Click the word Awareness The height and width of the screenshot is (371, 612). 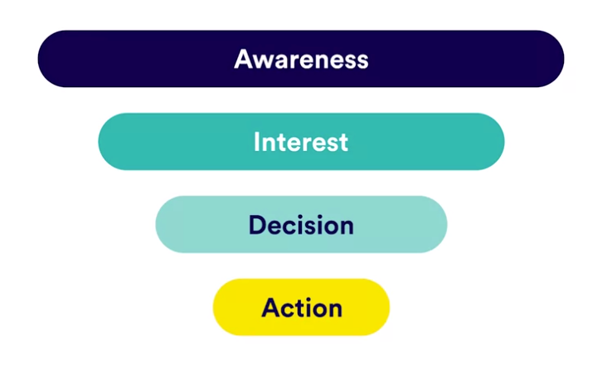pyautogui.click(x=301, y=60)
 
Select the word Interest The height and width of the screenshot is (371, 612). pyautogui.click(x=301, y=142)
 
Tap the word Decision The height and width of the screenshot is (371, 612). pyautogui.click(x=301, y=225)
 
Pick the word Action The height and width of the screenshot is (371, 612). pyautogui.click(x=302, y=308)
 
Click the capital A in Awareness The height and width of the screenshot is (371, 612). pyautogui.click(x=244, y=60)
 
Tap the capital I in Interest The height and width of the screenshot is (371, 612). pyautogui.click(x=256, y=142)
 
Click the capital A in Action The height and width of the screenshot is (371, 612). pyautogui.click(x=272, y=307)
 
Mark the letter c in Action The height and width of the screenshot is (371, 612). pyautogui.click(x=289, y=310)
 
